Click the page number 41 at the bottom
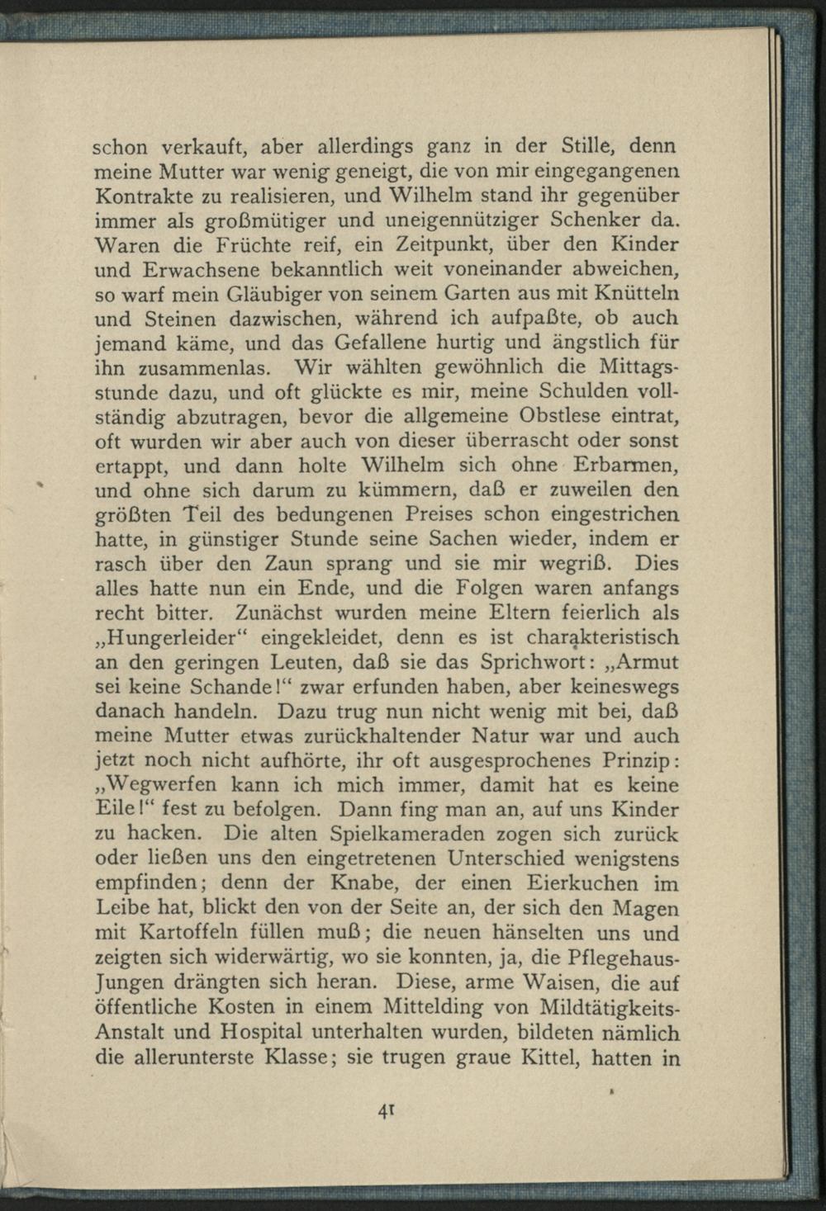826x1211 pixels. tap(384, 1110)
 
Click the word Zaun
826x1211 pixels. tap(324, 565)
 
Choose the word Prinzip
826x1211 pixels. tap(632, 760)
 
